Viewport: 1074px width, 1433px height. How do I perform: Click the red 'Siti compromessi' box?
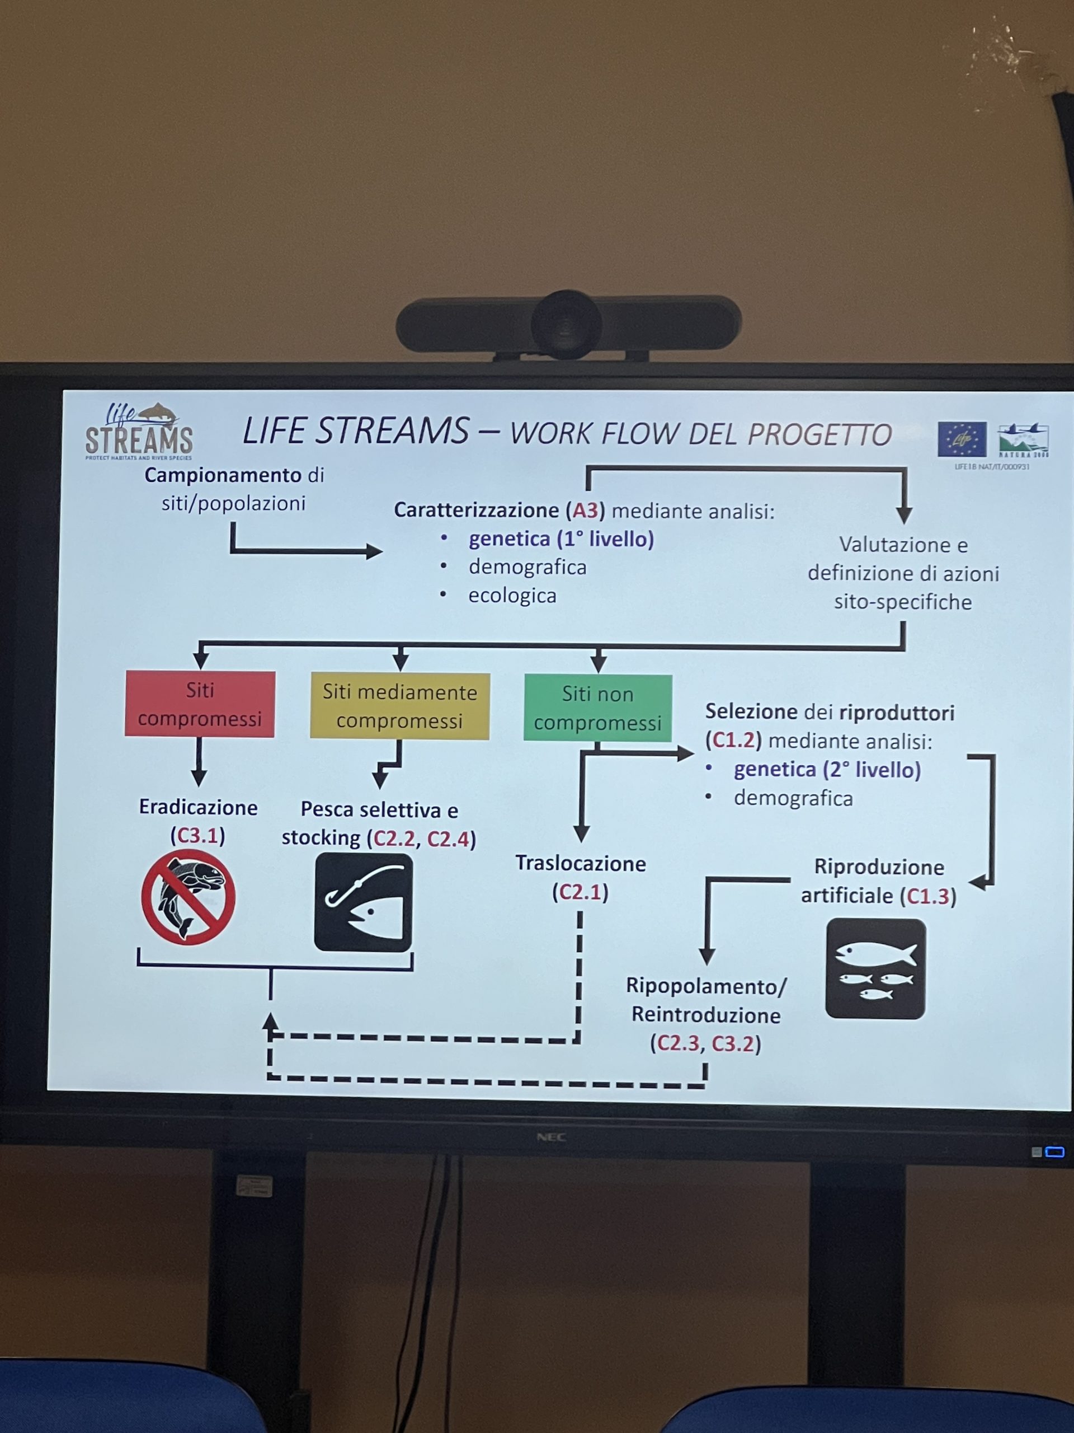pos(200,704)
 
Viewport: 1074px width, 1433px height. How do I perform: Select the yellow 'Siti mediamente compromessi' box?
pos(399,706)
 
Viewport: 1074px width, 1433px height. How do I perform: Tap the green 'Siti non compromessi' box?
pos(597,708)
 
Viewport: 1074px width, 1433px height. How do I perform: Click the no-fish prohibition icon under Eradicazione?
pos(189,898)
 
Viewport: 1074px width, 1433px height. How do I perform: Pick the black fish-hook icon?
pos(363,902)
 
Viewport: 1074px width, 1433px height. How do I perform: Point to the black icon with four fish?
pos(875,968)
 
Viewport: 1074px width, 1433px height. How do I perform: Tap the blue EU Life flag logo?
pos(962,439)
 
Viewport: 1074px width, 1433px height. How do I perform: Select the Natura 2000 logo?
pos(1023,441)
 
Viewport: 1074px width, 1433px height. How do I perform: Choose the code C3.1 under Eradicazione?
pos(197,836)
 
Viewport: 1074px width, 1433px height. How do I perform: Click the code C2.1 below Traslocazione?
pos(580,893)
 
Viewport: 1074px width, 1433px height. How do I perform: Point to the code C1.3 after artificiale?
pos(927,896)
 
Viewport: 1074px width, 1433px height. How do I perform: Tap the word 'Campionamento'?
pos(223,475)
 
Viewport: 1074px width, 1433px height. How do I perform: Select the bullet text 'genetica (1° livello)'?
pos(560,539)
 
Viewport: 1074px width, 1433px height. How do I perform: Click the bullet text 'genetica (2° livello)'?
pos(827,770)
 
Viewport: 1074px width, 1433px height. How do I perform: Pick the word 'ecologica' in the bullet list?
pos(512,596)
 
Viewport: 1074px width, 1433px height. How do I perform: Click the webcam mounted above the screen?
pos(568,324)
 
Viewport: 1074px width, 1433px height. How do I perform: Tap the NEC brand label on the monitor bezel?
pos(551,1137)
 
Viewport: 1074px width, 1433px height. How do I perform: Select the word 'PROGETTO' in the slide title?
pos(819,435)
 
